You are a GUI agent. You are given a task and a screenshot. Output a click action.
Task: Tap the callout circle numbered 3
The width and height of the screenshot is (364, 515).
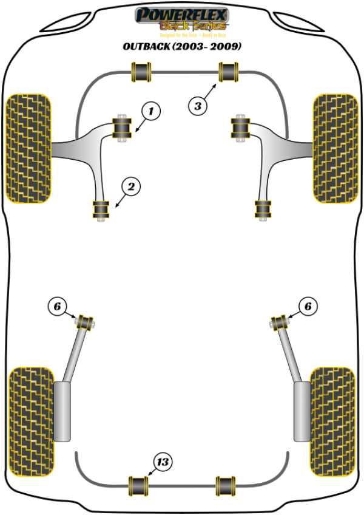(197, 107)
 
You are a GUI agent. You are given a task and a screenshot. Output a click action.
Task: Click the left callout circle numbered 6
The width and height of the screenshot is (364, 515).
(57, 307)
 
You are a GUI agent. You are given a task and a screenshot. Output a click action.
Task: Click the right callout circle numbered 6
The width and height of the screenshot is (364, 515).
(308, 307)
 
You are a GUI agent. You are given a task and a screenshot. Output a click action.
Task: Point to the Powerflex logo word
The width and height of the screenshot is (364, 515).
(181, 14)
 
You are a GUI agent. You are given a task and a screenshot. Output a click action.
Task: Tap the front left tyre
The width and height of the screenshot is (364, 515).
(28, 148)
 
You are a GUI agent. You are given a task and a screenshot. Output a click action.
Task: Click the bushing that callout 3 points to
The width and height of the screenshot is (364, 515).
(229, 73)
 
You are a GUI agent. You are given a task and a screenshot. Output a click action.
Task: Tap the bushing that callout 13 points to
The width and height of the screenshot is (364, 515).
(140, 484)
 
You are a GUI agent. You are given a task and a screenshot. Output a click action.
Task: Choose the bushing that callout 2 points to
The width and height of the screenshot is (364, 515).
(101, 210)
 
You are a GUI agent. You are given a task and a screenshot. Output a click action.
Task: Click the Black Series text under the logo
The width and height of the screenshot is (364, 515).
(192, 26)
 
